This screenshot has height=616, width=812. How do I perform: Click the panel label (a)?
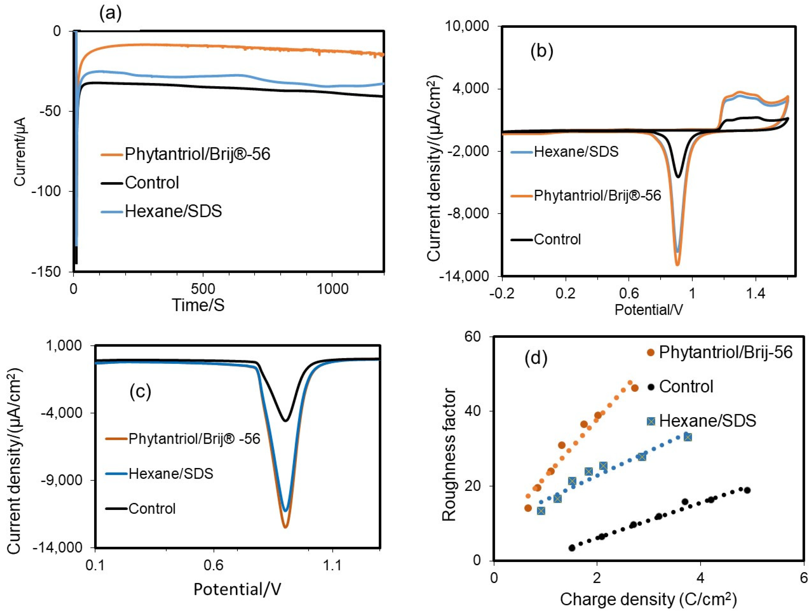[110, 14]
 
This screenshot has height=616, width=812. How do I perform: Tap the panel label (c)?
[140, 392]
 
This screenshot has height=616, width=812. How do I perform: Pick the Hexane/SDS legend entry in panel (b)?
[576, 152]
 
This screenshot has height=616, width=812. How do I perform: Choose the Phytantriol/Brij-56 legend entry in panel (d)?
[725, 352]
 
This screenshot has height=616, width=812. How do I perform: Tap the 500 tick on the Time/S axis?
[203, 289]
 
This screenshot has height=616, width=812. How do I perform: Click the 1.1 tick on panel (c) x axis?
[332, 565]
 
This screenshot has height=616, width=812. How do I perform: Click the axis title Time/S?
[198, 305]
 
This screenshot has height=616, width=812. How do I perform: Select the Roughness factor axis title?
[449, 455]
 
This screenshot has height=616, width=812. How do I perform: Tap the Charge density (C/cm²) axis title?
[648, 599]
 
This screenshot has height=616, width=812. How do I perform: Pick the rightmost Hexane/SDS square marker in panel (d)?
[688, 437]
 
